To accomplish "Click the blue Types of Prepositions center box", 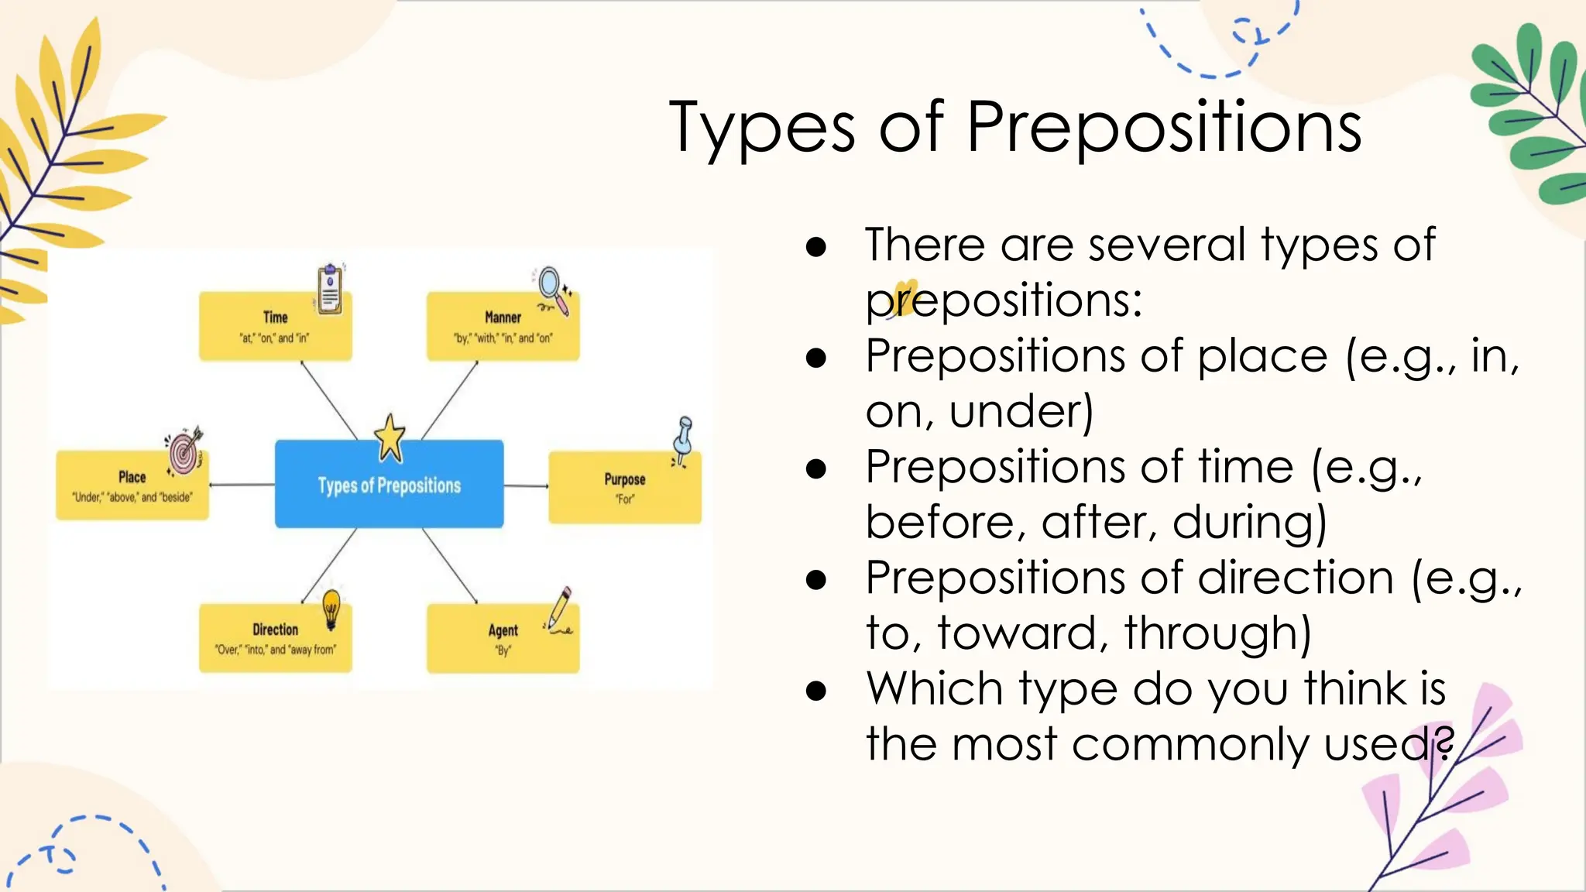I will [389, 485].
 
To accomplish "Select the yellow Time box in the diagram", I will [275, 327].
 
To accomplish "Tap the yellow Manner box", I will [503, 327].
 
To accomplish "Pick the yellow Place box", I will [132, 485].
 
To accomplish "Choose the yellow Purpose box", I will [624, 488].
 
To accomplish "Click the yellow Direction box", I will [275, 639].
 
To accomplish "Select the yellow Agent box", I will [503, 639].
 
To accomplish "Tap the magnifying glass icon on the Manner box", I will [554, 290].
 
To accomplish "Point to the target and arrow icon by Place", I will [184, 451].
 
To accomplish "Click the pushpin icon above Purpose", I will [683, 440].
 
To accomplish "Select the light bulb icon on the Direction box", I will [331, 607].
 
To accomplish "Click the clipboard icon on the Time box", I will [331, 289].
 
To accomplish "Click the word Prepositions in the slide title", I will [1164, 128].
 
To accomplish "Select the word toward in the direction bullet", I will [1018, 633].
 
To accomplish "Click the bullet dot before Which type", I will [815, 690].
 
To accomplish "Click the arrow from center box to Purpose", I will [526, 486].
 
